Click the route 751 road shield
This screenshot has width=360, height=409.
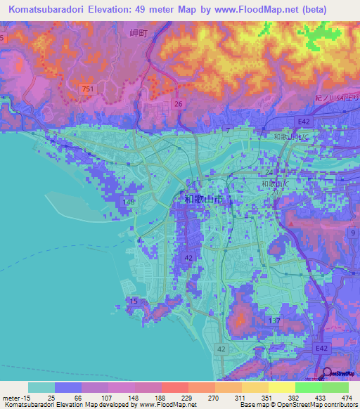87,89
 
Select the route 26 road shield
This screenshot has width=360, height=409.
178,104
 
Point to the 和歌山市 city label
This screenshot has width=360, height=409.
205,200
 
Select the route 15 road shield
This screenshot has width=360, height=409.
134,301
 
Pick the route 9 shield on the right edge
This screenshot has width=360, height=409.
352,231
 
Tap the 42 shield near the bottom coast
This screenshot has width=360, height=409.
221,349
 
